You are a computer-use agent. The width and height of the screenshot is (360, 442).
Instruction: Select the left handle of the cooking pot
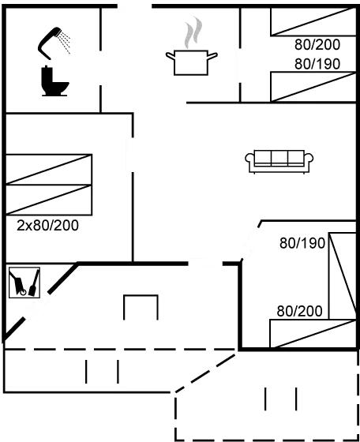click(169, 56)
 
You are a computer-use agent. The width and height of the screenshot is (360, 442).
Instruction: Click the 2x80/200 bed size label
click(47, 225)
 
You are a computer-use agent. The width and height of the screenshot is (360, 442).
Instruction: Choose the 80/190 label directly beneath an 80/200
click(317, 64)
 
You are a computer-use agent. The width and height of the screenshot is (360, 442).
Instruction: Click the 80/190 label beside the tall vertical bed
click(302, 243)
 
